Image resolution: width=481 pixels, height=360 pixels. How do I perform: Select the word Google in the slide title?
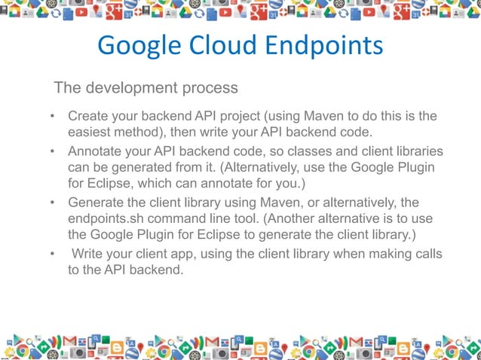[x=136, y=46]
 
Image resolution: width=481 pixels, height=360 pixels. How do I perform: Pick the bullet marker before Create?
[x=53, y=117]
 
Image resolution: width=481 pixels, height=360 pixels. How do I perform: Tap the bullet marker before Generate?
[x=53, y=203]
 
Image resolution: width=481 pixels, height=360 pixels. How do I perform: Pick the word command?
[x=181, y=220]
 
